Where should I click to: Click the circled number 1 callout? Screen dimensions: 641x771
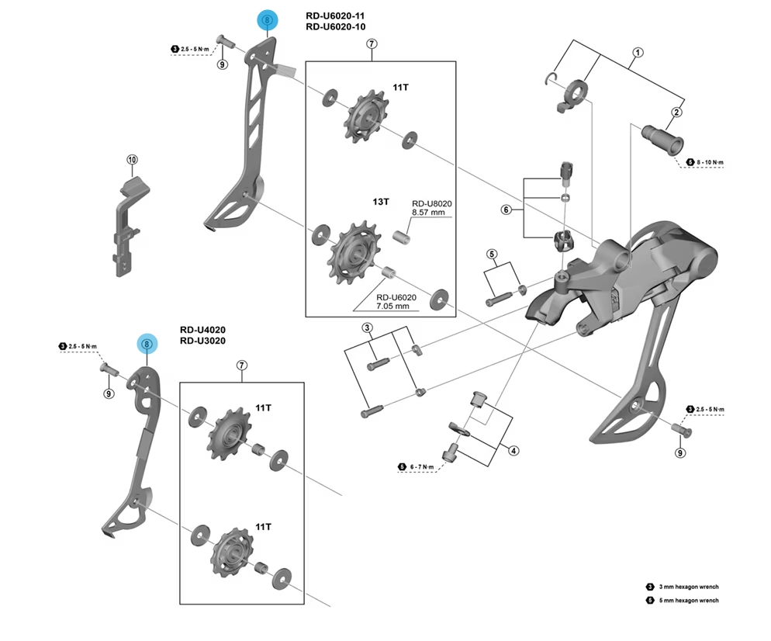tap(638, 53)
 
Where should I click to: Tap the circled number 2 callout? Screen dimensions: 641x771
tap(676, 113)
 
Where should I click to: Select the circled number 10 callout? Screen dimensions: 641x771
tap(132, 161)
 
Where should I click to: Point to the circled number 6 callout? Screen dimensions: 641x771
tap(506, 210)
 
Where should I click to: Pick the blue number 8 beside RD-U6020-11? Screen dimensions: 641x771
tap(267, 21)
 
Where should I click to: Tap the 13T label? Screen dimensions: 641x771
tap(380, 201)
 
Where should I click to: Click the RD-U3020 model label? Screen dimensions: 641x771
tap(202, 340)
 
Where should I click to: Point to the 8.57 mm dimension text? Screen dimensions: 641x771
tap(427, 211)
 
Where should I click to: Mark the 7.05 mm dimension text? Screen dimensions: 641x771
tap(396, 307)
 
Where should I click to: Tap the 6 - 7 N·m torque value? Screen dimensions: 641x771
tap(425, 466)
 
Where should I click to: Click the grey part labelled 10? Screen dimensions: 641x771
tap(128, 225)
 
